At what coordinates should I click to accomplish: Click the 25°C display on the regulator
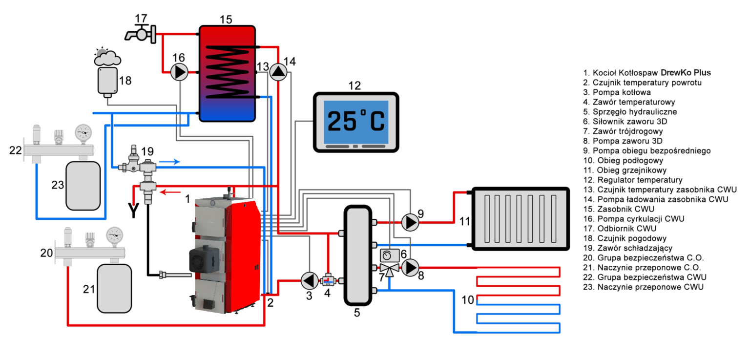tap(355, 122)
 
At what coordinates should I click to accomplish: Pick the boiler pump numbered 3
tap(309, 281)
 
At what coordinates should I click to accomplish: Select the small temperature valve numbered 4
tap(327, 281)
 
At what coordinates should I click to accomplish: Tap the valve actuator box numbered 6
tap(389, 255)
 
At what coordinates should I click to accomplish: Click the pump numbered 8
tap(410, 267)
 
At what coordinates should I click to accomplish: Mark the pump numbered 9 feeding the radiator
tap(410, 222)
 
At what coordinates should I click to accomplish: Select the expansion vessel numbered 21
tap(114, 288)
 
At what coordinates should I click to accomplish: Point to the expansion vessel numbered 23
tap(83, 185)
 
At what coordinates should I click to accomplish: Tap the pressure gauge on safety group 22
tap(83, 132)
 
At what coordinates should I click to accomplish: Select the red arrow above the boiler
tap(170, 192)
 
